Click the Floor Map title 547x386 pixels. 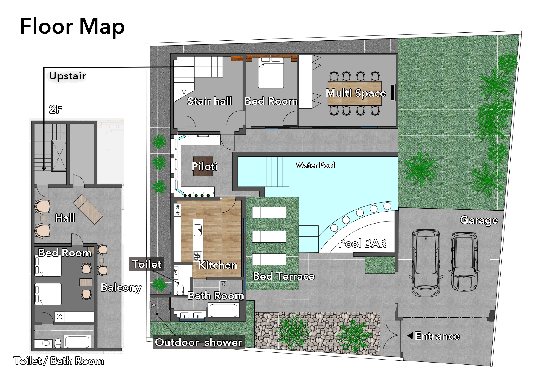72,27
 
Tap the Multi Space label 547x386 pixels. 356,93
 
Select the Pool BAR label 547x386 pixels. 362,243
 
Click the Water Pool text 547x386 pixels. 315,165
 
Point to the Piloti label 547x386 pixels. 205,166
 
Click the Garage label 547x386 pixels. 479,220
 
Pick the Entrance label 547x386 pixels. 437,336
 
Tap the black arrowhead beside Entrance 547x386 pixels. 410,335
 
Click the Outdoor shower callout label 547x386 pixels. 199,342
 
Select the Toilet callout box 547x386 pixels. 147,264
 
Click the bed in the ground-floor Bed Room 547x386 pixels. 271,73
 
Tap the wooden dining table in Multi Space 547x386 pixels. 354,93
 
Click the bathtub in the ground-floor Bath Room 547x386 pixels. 223,310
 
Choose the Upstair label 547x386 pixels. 67,76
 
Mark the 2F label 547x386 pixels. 56,109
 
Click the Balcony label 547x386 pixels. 121,287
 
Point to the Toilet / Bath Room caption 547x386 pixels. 59,361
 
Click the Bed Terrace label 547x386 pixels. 284,276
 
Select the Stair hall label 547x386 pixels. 210,101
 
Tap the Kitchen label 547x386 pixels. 218,265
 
